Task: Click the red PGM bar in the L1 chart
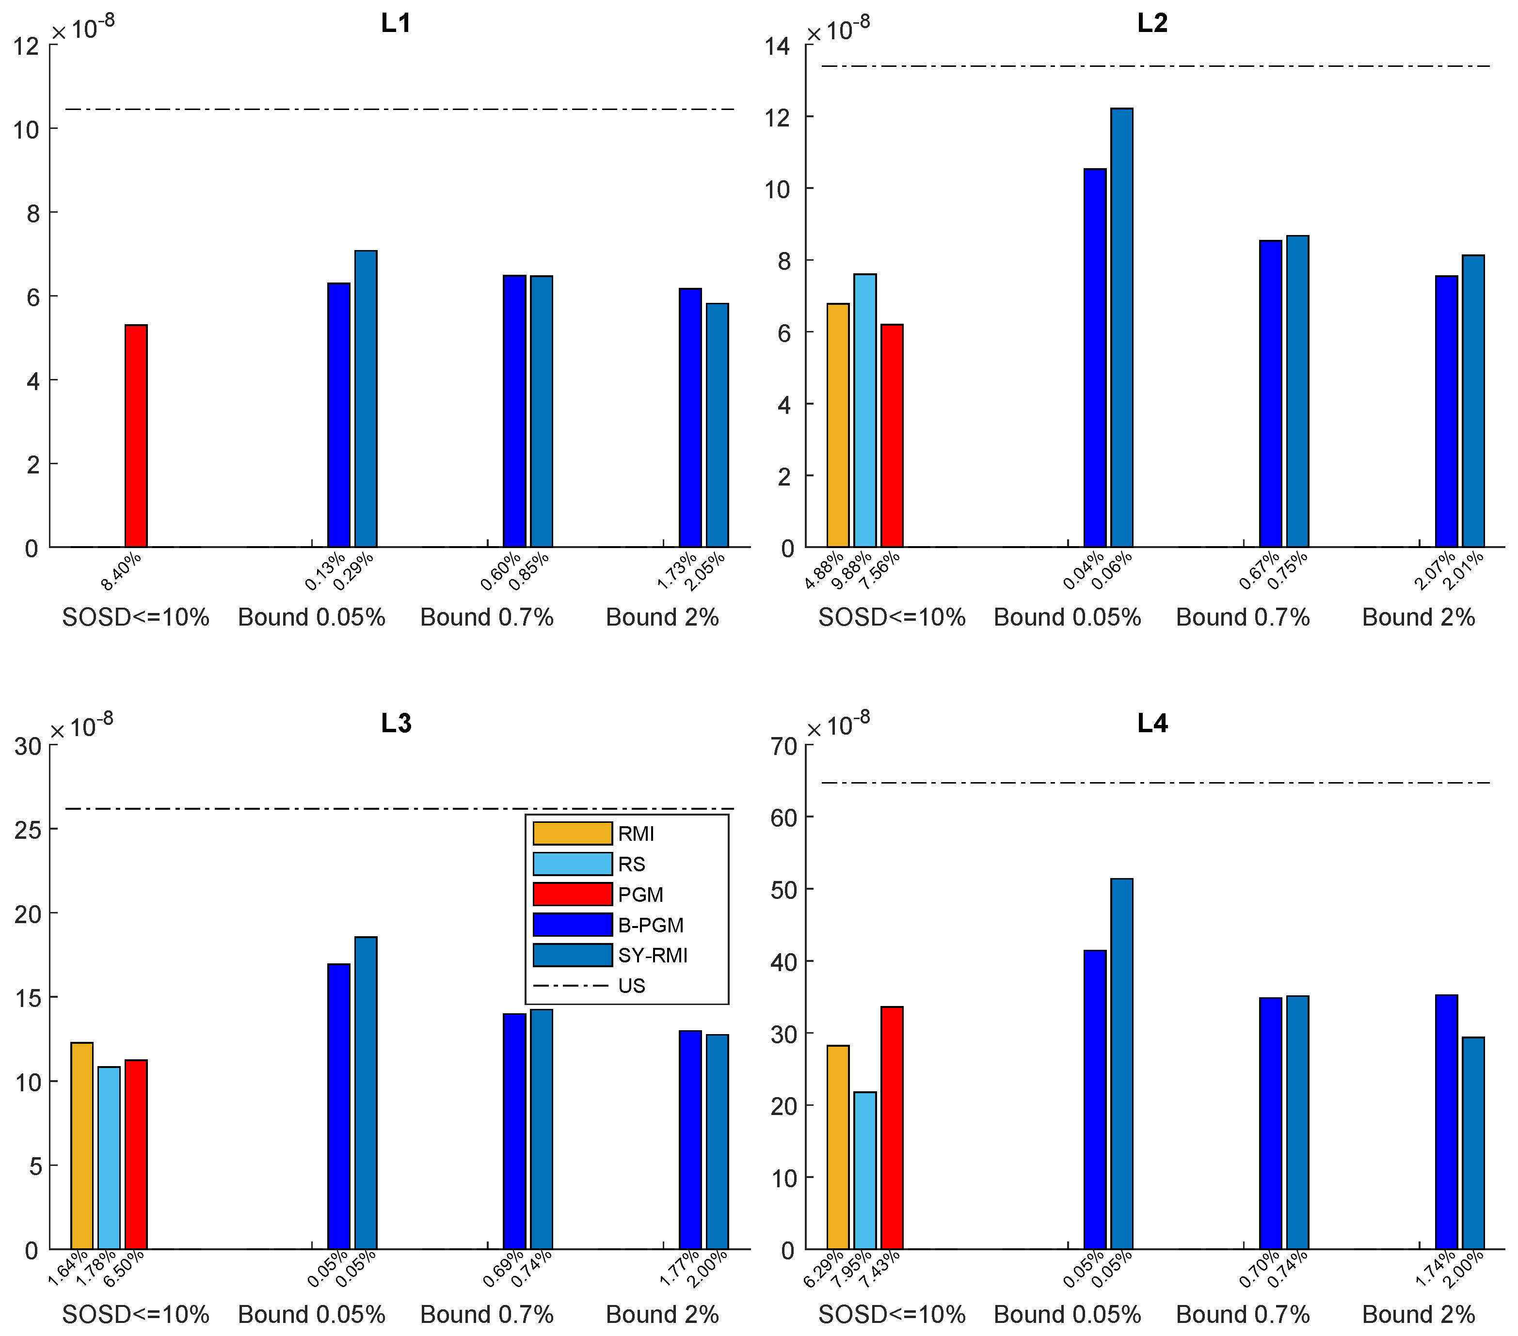[x=136, y=436]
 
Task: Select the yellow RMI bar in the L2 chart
[x=838, y=425]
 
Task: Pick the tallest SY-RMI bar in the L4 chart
[x=1121, y=1064]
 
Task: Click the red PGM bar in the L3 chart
[x=136, y=1154]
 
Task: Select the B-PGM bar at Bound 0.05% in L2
[x=1095, y=358]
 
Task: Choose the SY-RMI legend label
[x=652, y=955]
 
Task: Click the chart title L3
[x=396, y=723]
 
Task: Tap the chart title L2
[x=1152, y=23]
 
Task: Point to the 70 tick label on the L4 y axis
[x=783, y=746]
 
